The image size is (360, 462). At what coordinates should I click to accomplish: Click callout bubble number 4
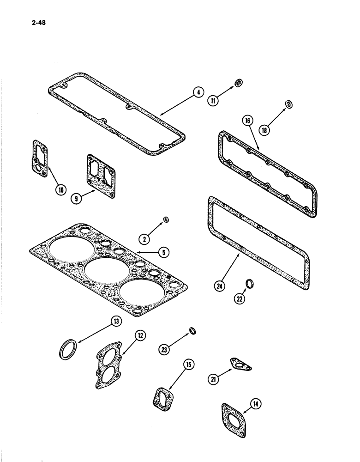pos(198,92)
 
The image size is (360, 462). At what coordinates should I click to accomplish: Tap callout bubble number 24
pos(220,286)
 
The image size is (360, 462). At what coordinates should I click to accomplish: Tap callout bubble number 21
pos(213,379)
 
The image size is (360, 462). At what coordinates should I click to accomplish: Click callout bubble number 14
pos(254,405)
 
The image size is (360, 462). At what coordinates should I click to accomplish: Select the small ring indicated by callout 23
pos(192,330)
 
